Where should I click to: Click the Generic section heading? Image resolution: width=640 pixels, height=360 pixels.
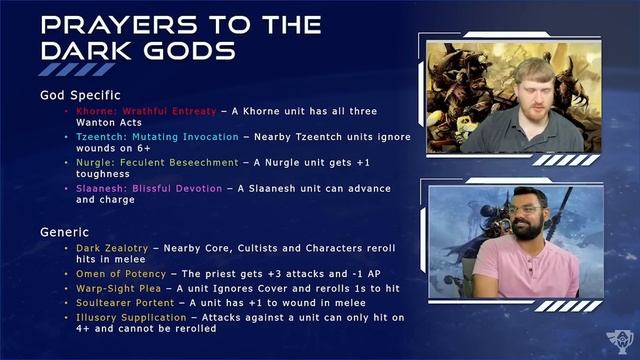pyautogui.click(x=65, y=231)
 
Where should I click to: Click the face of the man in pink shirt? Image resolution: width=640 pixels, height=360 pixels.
pyautogui.click(x=525, y=216)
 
